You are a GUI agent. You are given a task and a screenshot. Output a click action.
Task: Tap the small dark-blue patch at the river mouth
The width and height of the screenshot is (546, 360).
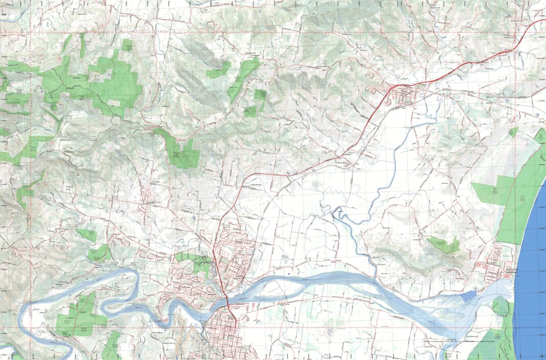coord(468,296)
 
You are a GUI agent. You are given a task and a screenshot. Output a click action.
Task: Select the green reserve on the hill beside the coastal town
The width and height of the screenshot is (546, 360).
coord(444,245)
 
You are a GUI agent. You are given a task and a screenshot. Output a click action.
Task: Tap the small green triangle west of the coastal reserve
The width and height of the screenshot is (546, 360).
coord(513,132)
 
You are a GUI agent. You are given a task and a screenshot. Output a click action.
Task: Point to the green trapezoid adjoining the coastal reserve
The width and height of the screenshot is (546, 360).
coord(491,192)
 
